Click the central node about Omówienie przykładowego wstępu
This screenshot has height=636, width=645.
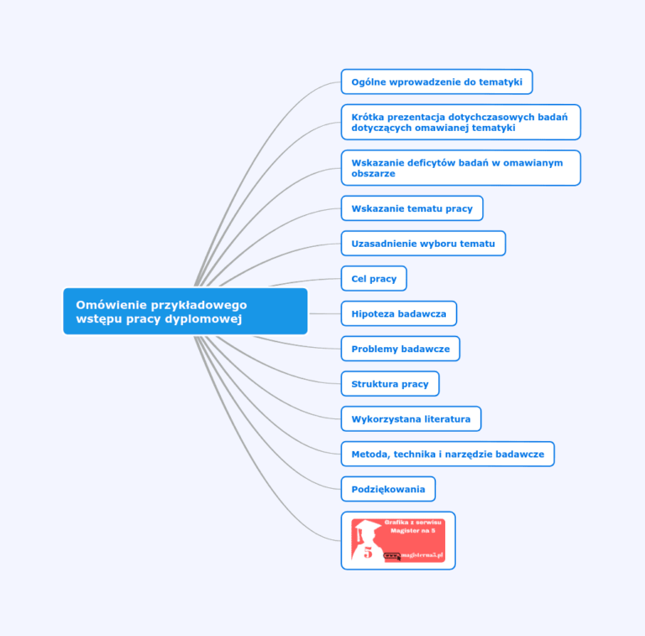185,312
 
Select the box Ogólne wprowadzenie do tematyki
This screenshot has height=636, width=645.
437,81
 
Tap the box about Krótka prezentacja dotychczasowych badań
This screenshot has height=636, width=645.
461,122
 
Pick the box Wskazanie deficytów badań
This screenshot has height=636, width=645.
461,168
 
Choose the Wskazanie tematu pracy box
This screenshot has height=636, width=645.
412,208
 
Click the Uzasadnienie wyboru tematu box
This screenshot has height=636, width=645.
423,244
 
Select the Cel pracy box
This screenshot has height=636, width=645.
374,278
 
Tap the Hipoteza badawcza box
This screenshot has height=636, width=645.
399,313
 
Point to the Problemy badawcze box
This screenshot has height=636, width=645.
401,349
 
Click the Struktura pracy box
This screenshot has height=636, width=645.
390,384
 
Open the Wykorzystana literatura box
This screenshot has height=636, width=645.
411,418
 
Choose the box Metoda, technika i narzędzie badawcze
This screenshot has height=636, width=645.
448,455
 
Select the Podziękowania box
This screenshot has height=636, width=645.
388,489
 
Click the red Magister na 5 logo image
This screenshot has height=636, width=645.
398,540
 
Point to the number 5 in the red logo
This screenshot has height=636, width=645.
368,553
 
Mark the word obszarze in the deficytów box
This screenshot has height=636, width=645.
373,174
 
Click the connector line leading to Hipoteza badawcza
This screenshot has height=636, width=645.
325,313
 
